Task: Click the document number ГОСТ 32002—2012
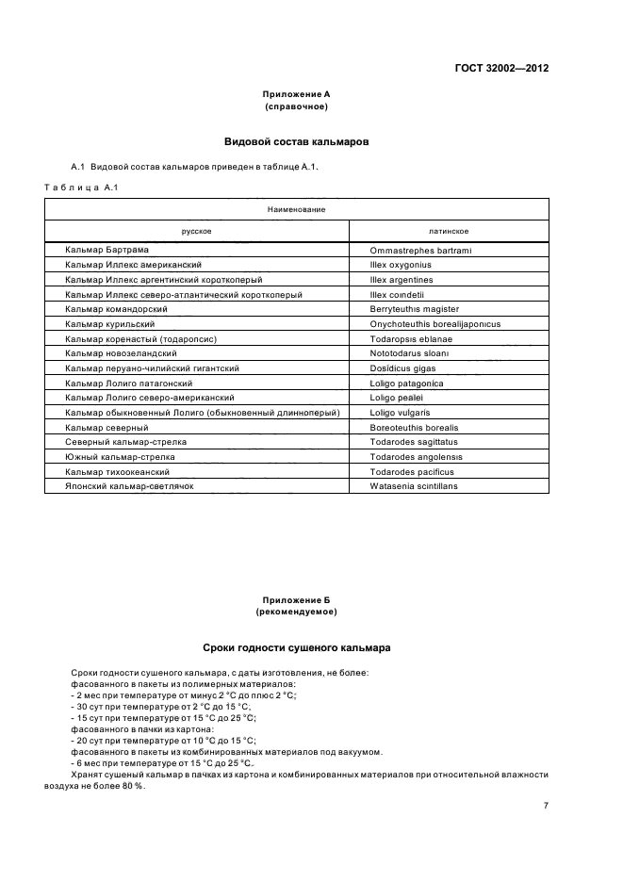503,69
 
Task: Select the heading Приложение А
296,94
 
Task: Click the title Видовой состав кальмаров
296,142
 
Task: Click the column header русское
196,231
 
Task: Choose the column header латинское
449,231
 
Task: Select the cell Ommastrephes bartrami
420,250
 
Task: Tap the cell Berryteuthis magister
415,309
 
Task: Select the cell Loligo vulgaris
400,413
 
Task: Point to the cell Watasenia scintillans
414,486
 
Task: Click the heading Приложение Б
296,599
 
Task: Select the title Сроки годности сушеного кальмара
296,648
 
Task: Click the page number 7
546,806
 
